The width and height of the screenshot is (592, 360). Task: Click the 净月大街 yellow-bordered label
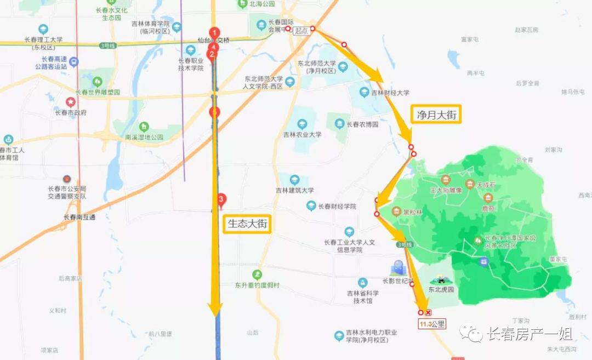point(436,115)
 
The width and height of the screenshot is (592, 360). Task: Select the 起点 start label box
point(301,31)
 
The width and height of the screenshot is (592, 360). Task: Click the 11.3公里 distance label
point(432,324)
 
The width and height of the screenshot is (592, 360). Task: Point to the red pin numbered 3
point(221,199)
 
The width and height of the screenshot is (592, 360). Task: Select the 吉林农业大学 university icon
point(302,124)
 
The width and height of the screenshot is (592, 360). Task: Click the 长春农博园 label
point(362,124)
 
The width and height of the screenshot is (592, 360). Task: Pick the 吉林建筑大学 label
point(295,190)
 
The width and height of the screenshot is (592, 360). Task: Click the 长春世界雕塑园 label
point(98,92)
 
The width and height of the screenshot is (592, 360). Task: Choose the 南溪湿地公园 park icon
point(144,127)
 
